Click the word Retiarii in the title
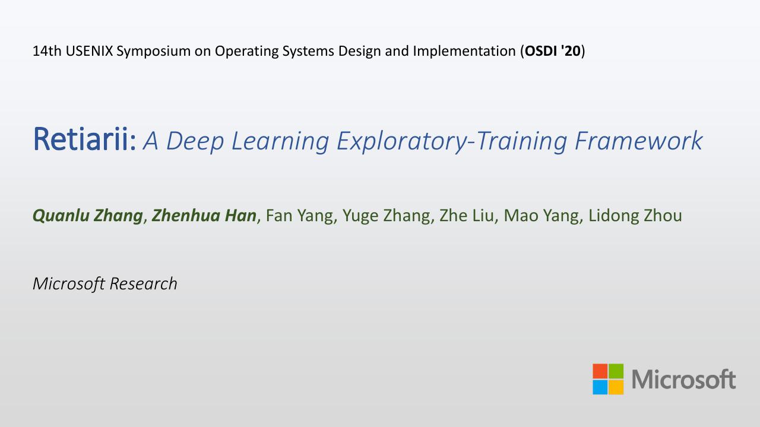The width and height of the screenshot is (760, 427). (x=81, y=139)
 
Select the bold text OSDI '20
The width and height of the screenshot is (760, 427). (x=553, y=51)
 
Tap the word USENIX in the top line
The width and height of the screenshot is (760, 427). (x=89, y=51)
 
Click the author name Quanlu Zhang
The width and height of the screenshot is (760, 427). (x=87, y=216)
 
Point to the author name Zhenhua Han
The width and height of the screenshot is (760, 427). (x=204, y=215)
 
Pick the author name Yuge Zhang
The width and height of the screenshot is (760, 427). (x=387, y=216)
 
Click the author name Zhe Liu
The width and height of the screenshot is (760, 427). (x=467, y=215)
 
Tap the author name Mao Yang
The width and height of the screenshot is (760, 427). (x=541, y=216)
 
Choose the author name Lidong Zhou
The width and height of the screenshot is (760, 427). (x=635, y=216)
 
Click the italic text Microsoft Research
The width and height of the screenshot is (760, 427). (x=105, y=283)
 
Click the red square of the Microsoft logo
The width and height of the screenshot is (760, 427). (x=600, y=371)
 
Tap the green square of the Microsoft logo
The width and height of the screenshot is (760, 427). (x=616, y=371)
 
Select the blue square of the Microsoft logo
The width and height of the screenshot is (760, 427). (x=600, y=387)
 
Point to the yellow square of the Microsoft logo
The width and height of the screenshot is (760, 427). (x=616, y=387)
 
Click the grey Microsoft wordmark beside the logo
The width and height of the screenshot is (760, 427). (x=683, y=379)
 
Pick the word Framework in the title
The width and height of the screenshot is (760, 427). (x=638, y=141)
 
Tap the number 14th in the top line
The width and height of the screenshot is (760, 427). (x=47, y=51)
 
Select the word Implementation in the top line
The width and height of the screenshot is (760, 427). (x=464, y=51)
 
